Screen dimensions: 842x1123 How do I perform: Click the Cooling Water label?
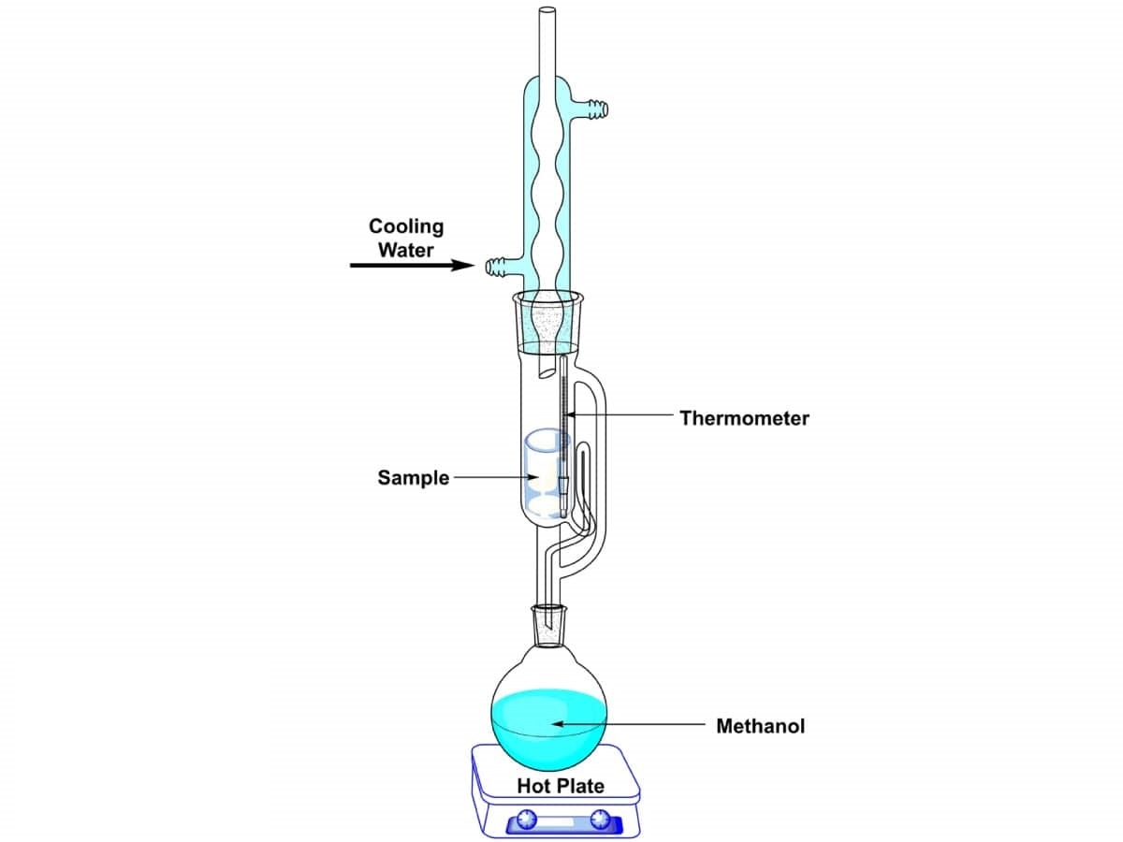[x=406, y=238]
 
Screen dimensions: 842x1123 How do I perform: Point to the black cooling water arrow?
[x=412, y=266]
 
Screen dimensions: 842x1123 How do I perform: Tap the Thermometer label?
[x=744, y=418]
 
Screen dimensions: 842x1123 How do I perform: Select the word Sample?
[x=414, y=478]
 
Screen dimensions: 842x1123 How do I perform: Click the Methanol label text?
[x=760, y=725]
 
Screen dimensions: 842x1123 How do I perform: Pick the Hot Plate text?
[x=561, y=786]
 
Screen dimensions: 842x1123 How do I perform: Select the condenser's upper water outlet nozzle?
[x=596, y=110]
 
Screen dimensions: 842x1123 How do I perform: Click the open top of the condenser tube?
[x=547, y=12]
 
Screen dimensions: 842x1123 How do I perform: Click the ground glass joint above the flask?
[x=549, y=625]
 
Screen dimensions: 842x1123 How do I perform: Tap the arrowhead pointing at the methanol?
[x=558, y=723]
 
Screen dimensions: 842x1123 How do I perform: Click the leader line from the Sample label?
[x=491, y=478]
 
